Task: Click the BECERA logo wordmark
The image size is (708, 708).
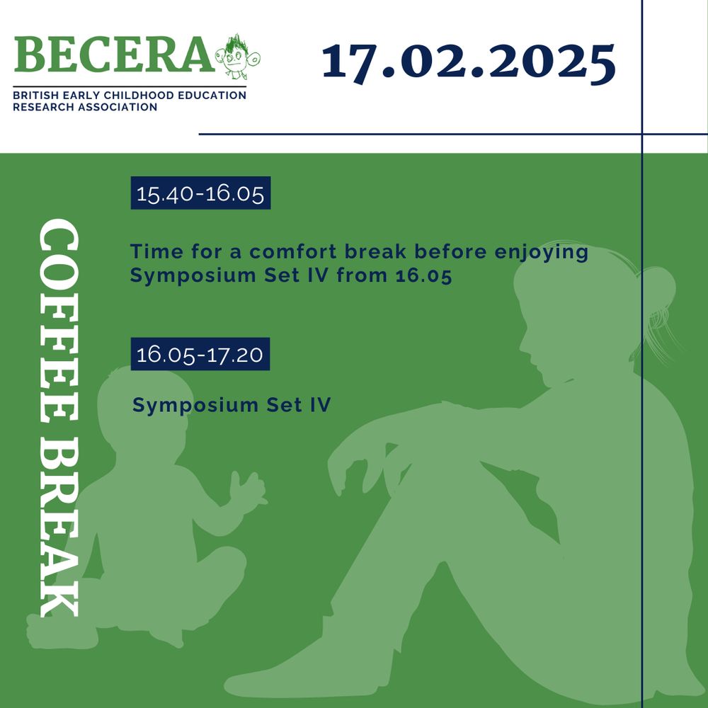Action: click(x=114, y=55)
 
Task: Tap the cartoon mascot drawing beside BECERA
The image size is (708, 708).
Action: click(x=237, y=57)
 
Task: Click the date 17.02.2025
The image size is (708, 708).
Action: click(x=468, y=63)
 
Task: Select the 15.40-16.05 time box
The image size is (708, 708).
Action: click(x=200, y=193)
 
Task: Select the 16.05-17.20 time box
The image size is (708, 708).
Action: click(x=200, y=354)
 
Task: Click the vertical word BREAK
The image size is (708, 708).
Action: click(x=59, y=527)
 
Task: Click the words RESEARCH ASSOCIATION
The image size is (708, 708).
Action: click(x=85, y=108)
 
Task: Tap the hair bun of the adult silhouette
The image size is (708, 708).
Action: click(x=658, y=287)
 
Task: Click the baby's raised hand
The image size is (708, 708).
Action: click(x=246, y=491)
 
